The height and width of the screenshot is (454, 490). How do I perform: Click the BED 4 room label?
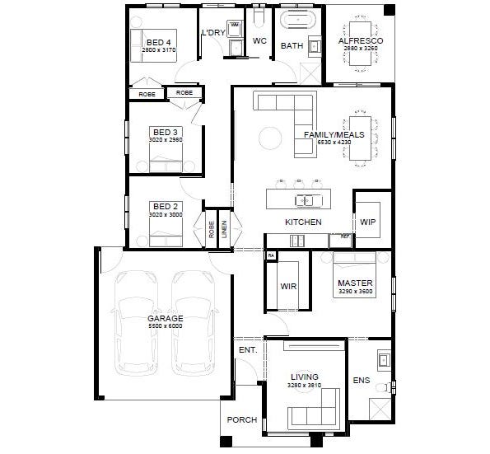click(159, 42)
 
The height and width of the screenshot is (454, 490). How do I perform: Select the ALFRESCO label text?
click(358, 40)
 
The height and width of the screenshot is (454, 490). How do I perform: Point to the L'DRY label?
click(213, 33)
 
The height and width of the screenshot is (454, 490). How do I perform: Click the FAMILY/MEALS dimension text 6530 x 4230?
click(334, 143)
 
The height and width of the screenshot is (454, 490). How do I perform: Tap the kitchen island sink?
click(304, 200)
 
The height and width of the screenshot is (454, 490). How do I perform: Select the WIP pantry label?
click(367, 222)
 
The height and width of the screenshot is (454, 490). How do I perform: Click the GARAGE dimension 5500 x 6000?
click(165, 326)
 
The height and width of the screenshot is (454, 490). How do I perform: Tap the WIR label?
click(288, 287)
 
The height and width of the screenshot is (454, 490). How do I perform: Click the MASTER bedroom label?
click(355, 283)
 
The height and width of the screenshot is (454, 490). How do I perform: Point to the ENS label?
click(361, 381)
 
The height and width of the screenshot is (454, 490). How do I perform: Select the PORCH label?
click(241, 419)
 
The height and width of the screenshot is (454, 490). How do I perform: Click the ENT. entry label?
click(247, 350)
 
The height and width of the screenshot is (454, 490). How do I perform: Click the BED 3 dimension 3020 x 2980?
click(165, 140)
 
